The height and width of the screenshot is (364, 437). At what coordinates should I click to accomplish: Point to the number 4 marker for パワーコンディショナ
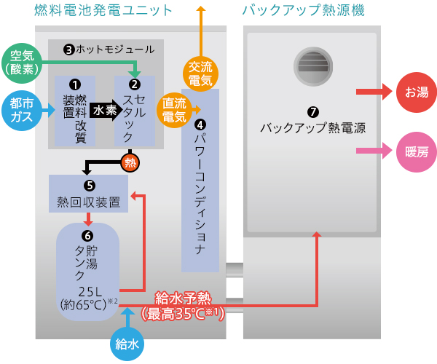(x=200, y=125)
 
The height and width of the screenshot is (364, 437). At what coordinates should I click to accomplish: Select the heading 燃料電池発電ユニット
(x=103, y=10)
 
